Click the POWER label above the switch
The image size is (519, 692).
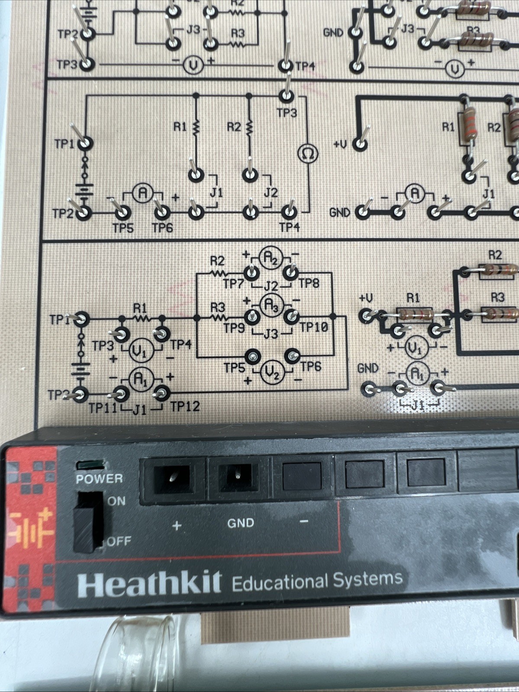[99, 479]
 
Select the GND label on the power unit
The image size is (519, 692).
[240, 523]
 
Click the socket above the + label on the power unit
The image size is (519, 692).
[172, 478]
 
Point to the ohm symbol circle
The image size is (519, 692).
[308, 154]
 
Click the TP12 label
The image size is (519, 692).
[185, 406]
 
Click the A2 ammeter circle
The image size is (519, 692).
[271, 259]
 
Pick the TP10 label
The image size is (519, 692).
[314, 327]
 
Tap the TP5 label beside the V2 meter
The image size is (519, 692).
[234, 368]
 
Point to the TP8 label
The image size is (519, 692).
[309, 283]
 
